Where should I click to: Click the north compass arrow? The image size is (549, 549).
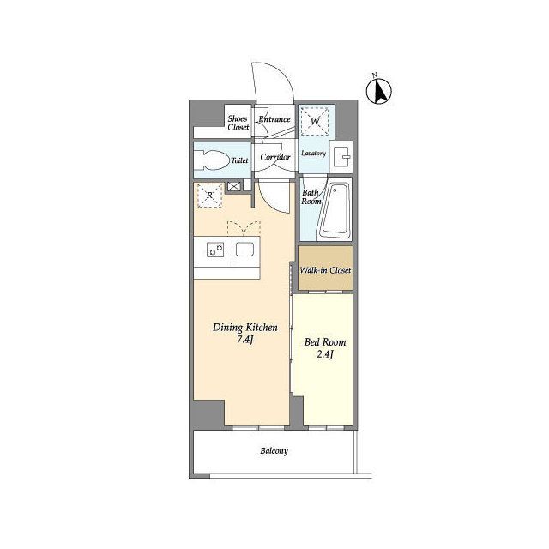point(379,92)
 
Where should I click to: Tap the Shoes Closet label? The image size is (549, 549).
point(238,123)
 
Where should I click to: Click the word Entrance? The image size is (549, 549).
point(274,119)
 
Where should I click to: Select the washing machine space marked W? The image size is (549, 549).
point(315,121)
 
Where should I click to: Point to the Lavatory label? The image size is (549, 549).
point(313,154)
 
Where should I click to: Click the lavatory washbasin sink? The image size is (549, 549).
point(341,156)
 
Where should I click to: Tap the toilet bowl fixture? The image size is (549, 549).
point(211,160)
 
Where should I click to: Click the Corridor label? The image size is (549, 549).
point(275,157)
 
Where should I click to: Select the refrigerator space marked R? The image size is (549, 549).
point(209,196)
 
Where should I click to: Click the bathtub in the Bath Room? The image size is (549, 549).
point(335,211)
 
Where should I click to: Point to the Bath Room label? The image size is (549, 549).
point(311,196)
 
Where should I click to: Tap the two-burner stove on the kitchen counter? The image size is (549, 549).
point(215,250)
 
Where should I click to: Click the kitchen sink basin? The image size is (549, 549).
point(244,250)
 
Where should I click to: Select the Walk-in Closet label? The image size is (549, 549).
point(325,270)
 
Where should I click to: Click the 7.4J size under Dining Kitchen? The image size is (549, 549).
point(245,340)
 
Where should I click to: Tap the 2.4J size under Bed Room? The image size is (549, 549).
point(325,354)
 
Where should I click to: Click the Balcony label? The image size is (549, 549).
point(274,451)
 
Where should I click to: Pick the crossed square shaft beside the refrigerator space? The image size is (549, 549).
point(234,186)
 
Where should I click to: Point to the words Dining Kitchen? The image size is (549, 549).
point(245,328)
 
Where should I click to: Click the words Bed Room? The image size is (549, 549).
point(325,342)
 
